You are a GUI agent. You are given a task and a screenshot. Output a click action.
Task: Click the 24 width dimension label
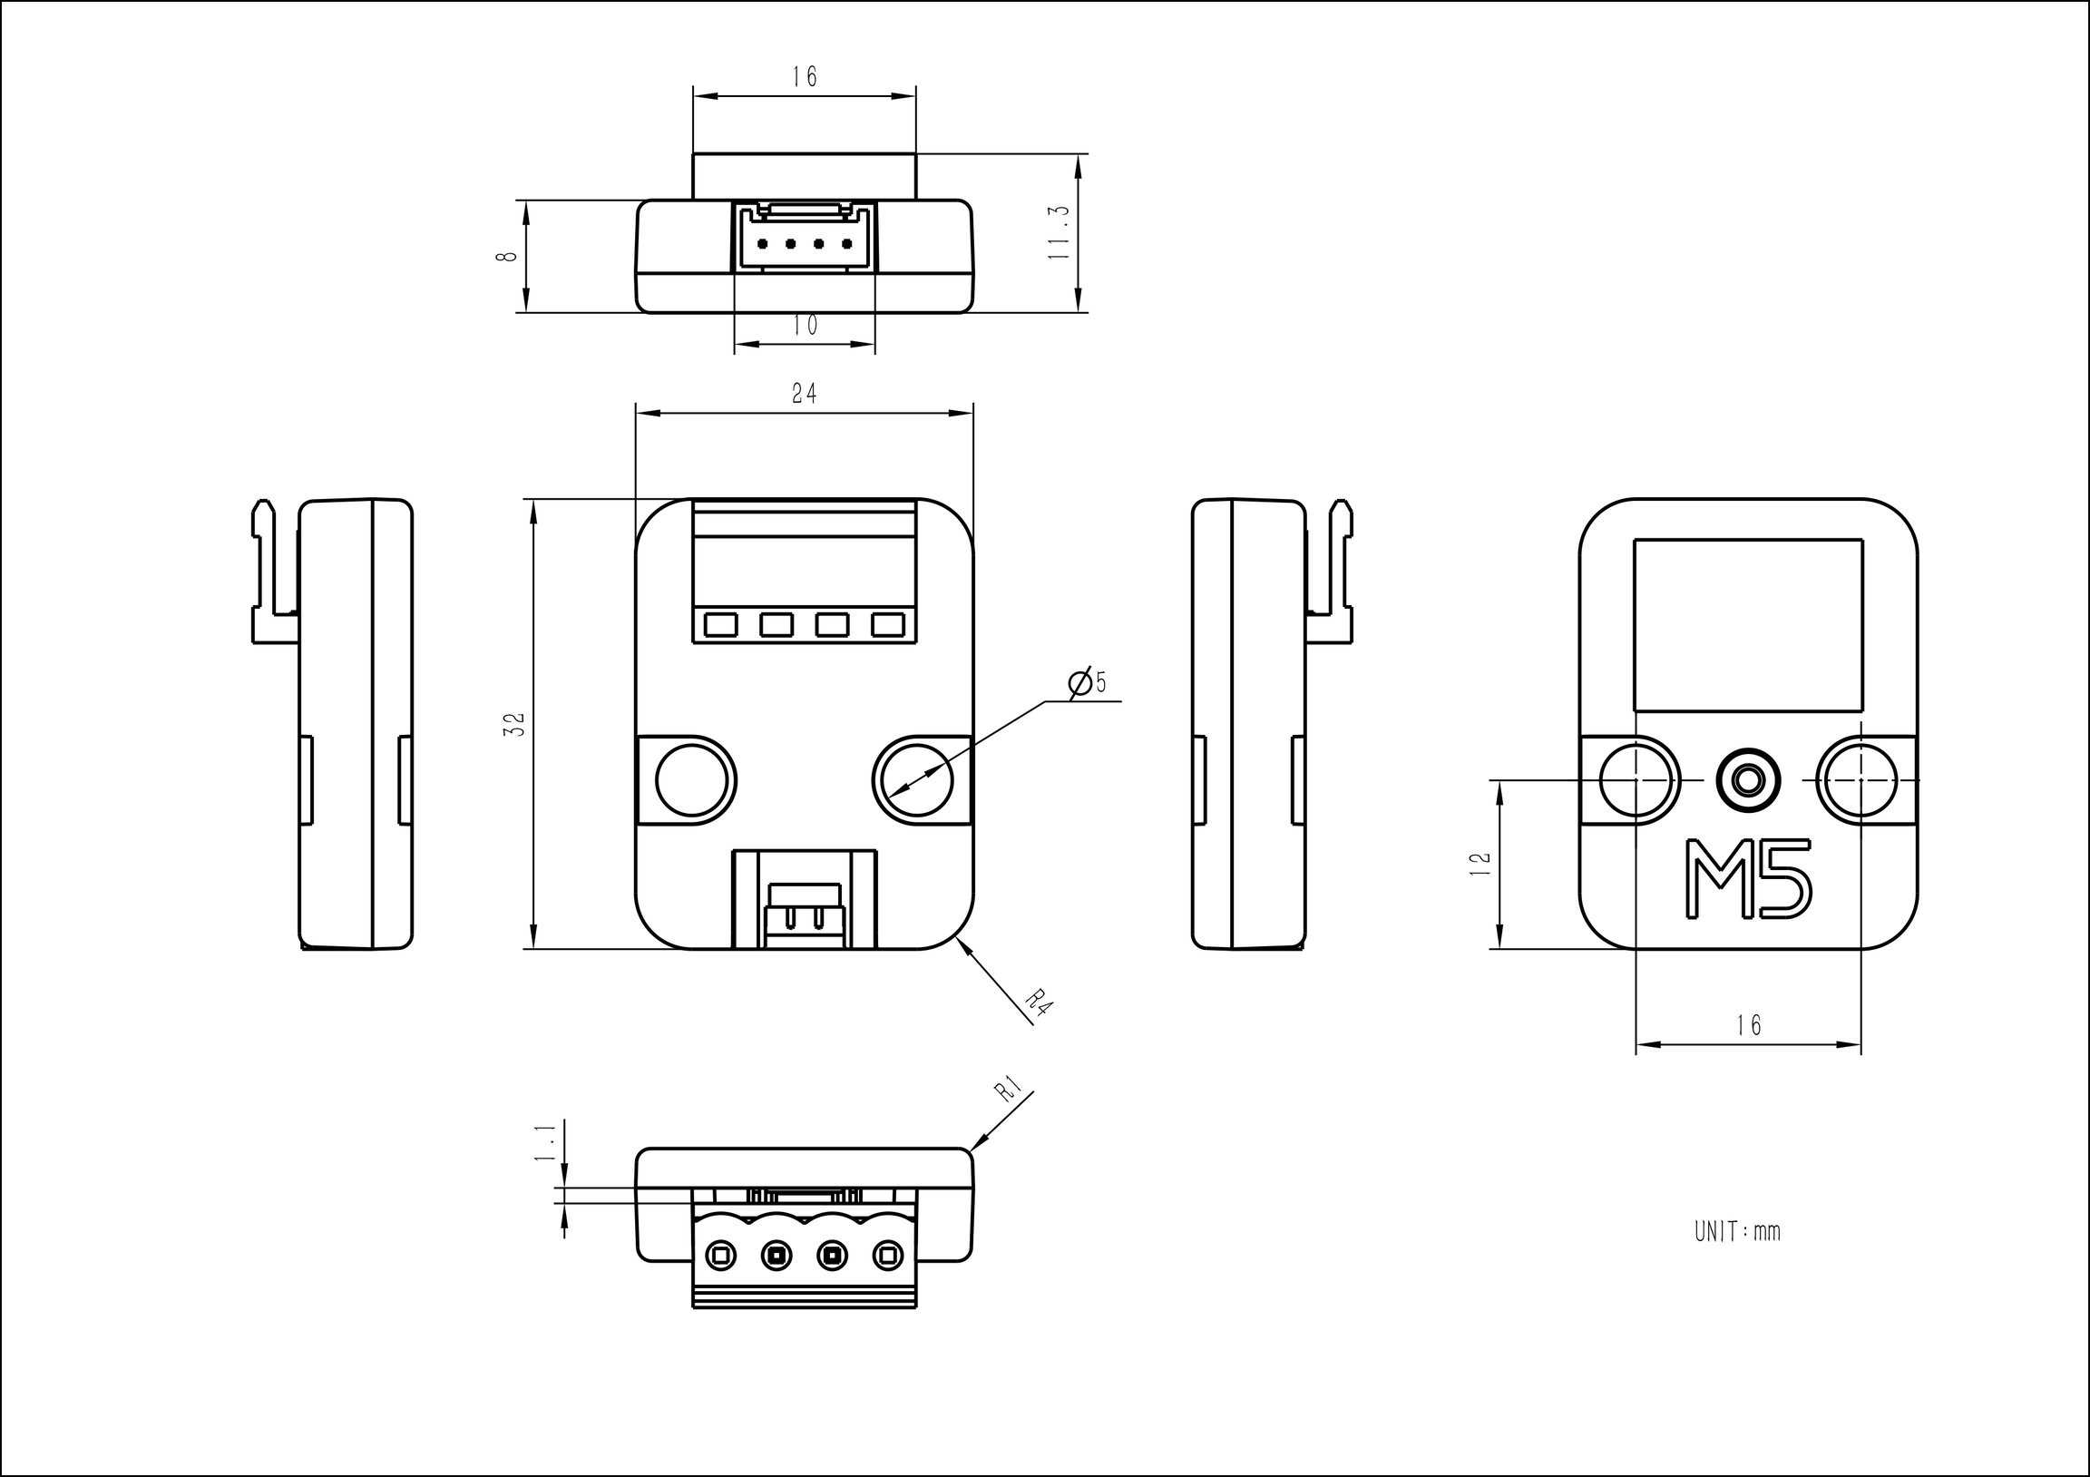804,394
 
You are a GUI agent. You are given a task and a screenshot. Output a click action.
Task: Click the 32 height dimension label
515,724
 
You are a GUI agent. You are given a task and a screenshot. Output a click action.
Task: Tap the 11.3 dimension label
1058,233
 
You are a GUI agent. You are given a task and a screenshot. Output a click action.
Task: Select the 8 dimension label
507,256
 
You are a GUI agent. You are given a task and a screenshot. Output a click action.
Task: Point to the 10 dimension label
805,325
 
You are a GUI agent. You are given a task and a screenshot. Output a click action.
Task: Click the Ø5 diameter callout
1088,683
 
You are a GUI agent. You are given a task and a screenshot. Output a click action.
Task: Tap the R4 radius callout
1039,1005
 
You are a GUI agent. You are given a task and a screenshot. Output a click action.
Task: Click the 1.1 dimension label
544,1142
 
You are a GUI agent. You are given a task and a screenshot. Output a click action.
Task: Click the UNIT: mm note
1737,1232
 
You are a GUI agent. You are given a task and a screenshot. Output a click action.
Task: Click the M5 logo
1747,879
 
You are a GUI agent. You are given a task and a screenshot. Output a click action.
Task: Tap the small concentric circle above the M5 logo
1747,779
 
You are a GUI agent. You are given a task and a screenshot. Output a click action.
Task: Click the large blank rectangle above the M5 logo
1748,625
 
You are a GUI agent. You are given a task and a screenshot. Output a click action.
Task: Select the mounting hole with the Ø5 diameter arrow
913,779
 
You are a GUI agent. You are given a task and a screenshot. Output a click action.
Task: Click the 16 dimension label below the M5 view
1749,1025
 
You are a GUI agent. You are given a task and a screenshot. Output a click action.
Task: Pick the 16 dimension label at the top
805,76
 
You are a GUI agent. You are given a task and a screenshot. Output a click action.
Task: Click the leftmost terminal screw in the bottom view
720,1256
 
